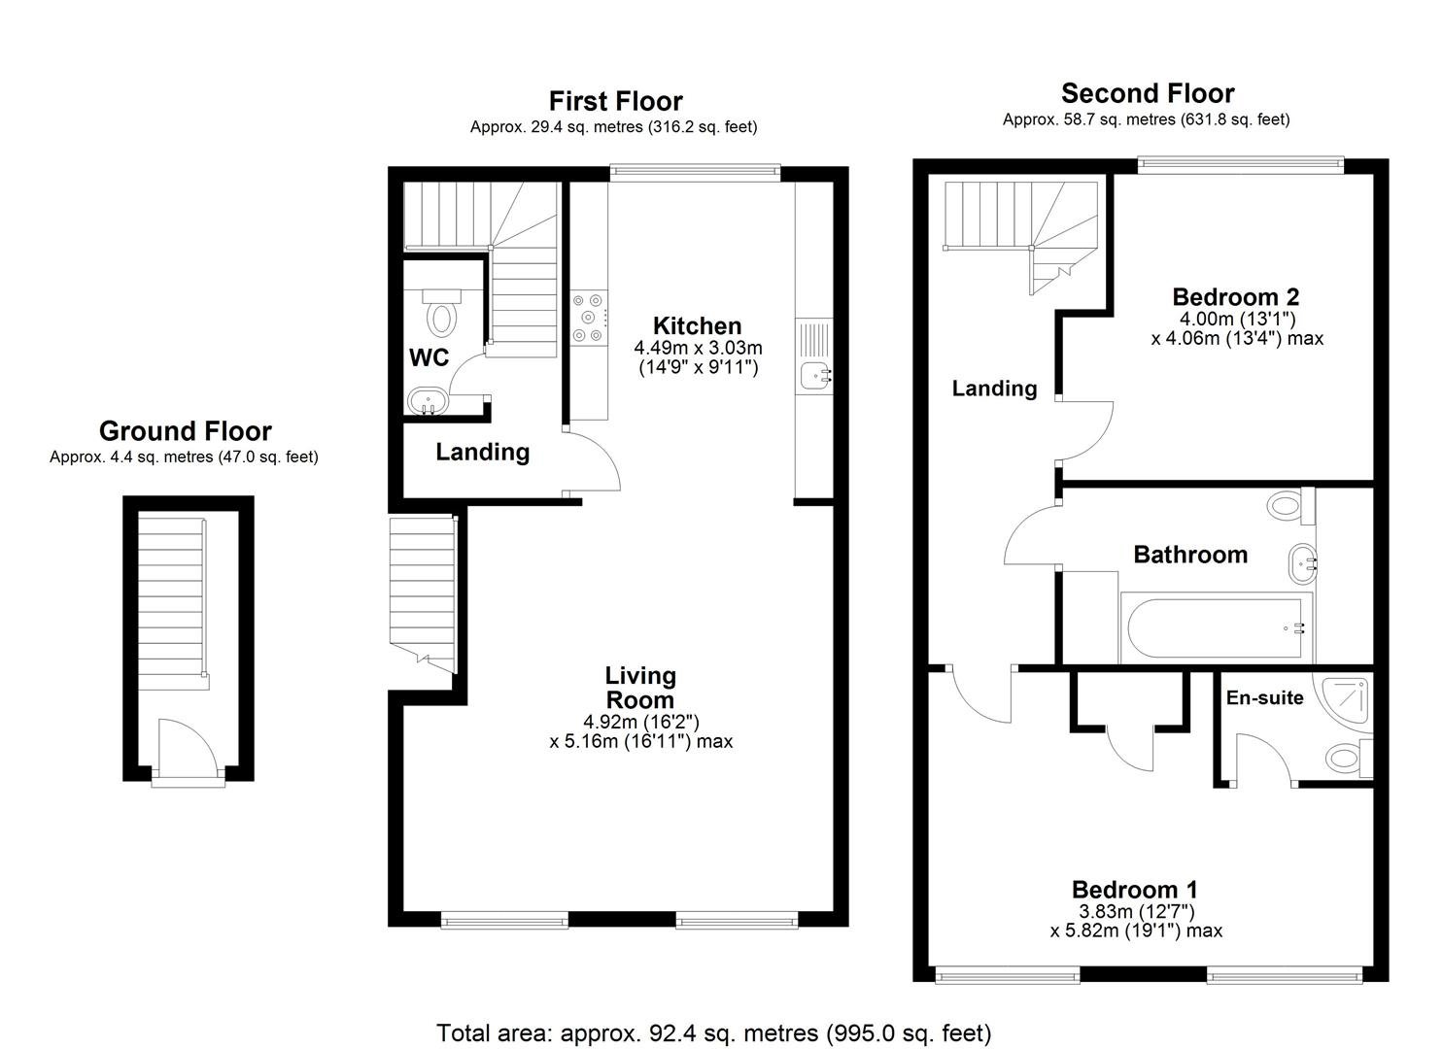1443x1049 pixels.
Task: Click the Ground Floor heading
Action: coord(186,431)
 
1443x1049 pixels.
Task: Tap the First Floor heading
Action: coord(615,101)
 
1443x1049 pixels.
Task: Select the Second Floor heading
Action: coord(1148,93)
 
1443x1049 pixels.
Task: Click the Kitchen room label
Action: coord(697,325)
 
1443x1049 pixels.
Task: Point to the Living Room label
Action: coord(640,688)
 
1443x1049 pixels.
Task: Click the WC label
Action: coord(429,357)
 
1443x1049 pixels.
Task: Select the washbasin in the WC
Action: coord(428,401)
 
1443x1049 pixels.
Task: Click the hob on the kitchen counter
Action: coord(589,318)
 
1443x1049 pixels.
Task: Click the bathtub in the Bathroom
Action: coord(1217,627)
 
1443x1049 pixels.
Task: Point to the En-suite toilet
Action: coord(1350,757)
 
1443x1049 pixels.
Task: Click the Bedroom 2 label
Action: coord(1236,297)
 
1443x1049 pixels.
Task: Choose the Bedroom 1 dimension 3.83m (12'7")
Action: coord(1136,911)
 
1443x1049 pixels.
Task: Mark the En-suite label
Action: coord(1264,697)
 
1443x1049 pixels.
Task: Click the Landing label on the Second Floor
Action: coord(995,389)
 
